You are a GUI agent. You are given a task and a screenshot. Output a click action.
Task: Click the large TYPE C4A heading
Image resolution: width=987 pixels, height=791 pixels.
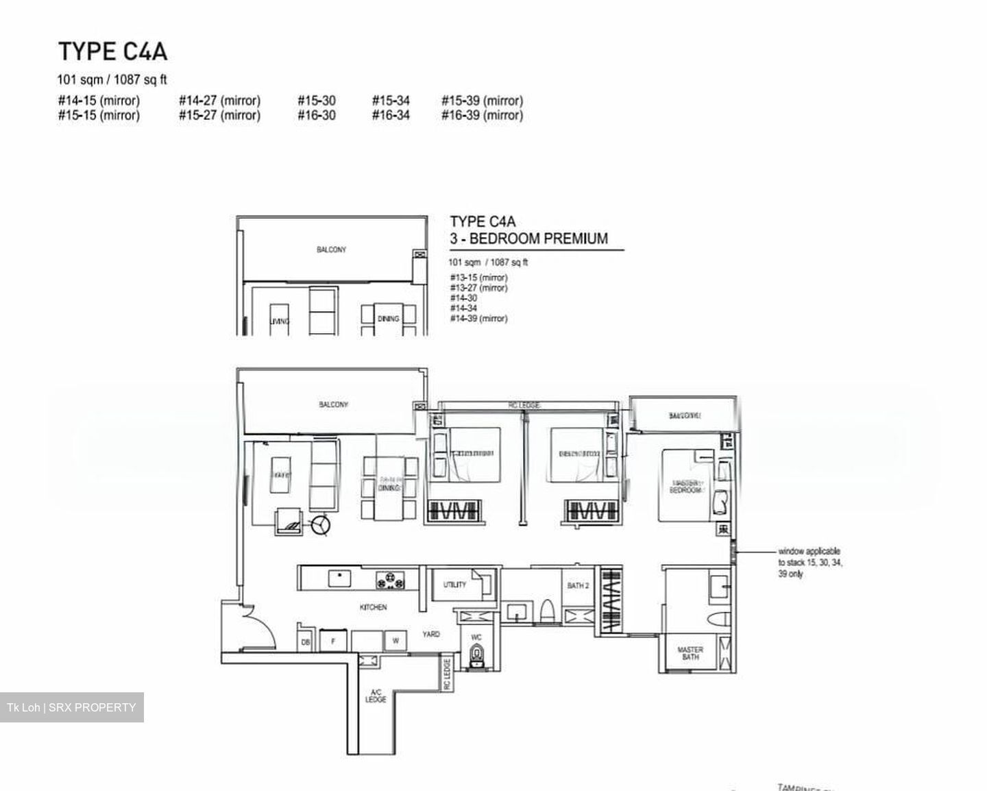[112, 51]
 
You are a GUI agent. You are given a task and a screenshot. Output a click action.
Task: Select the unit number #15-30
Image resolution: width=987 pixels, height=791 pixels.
[317, 101]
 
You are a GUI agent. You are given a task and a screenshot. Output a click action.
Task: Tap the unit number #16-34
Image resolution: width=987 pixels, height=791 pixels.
[391, 115]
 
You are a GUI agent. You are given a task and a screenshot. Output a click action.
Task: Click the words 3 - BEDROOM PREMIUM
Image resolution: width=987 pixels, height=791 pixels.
[528, 239]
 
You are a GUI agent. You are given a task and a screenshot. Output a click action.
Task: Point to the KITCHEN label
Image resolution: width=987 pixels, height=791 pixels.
[373, 607]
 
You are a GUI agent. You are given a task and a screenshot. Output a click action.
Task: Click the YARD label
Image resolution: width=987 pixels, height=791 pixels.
[431, 635]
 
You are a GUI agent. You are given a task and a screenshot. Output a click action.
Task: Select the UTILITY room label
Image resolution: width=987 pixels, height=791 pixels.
[454, 585]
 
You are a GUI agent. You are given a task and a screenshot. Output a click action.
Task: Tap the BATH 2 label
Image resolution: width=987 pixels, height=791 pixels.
[578, 585]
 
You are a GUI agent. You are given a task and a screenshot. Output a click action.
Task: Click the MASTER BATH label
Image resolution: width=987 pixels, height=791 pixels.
[690, 653]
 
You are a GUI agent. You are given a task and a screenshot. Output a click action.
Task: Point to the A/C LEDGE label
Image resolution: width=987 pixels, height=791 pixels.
[376, 696]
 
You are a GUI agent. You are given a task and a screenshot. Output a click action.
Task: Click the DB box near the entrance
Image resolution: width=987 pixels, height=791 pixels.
[306, 642]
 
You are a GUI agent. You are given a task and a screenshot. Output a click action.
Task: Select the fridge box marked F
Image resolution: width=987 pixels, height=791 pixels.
[334, 642]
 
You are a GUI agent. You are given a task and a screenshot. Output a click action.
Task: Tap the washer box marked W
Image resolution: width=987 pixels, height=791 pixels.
[395, 642]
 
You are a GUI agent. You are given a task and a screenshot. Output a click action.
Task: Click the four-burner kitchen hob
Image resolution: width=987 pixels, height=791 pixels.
[391, 581]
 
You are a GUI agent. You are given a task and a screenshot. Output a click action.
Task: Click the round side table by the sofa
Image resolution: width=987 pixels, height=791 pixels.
[320, 525]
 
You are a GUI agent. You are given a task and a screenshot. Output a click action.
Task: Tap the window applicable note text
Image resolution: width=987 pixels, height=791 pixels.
[809, 562]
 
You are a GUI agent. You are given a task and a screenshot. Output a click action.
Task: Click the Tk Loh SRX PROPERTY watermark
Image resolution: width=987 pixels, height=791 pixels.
[71, 707]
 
